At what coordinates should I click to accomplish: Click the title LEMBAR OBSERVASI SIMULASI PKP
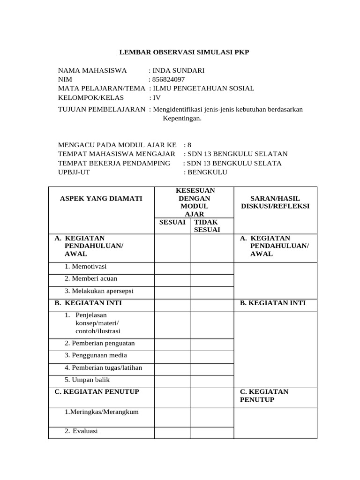pyautogui.click(x=183, y=52)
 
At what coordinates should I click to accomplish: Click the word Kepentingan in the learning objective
pyautogui.click(x=182, y=118)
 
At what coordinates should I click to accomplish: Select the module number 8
pyautogui.click(x=189, y=145)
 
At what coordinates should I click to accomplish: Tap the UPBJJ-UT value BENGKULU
pyautogui.click(x=207, y=172)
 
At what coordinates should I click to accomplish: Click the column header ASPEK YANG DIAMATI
pyautogui.click(x=101, y=198)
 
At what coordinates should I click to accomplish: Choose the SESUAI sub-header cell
pyautogui.click(x=172, y=222)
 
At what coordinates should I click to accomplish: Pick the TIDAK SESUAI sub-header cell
pyautogui.click(x=206, y=225)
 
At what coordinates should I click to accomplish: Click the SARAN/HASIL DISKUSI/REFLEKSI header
pyautogui.click(x=275, y=202)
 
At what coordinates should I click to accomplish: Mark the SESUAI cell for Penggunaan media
pyautogui.click(x=172, y=355)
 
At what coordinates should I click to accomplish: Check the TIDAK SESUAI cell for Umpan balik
pyautogui.click(x=211, y=380)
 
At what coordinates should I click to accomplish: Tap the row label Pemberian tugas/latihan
pyautogui.click(x=103, y=367)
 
